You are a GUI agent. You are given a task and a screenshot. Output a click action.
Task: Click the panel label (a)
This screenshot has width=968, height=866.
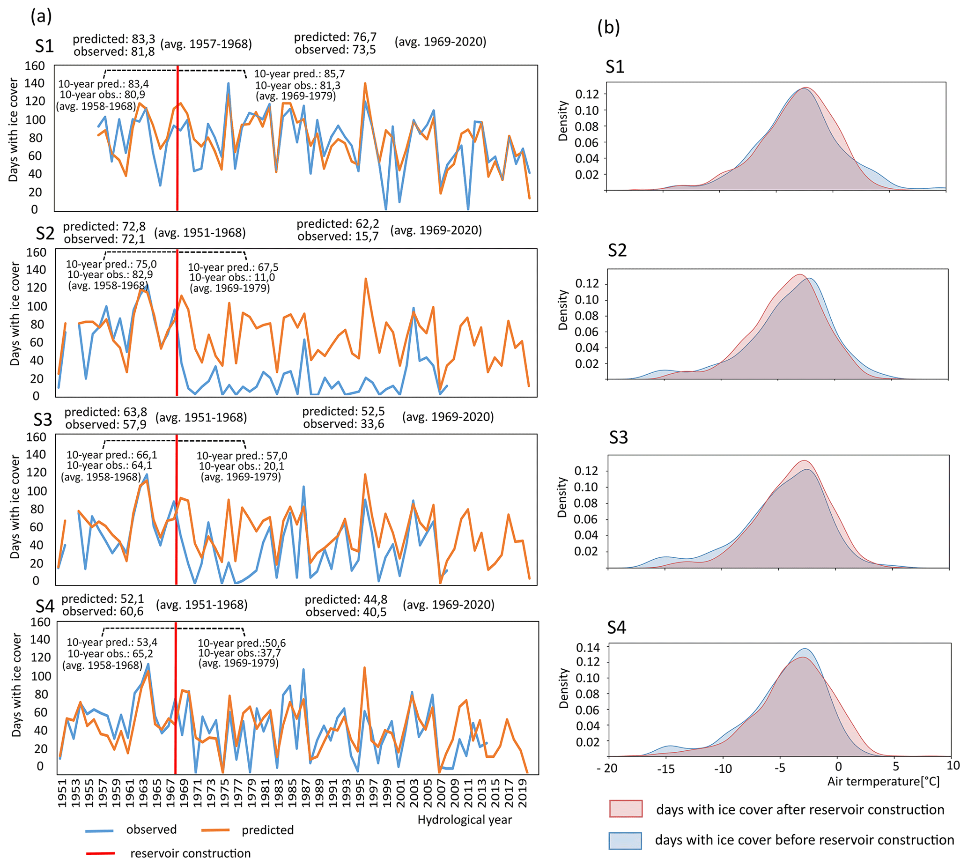(x=41, y=16)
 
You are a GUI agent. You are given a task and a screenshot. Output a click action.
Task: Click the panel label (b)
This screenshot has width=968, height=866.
(x=608, y=28)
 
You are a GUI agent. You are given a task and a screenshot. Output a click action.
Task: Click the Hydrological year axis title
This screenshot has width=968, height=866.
(x=464, y=819)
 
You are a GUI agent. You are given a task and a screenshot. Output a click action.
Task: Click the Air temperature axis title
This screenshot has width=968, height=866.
(x=883, y=781)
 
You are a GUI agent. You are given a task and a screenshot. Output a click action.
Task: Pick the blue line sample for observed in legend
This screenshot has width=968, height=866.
(x=99, y=831)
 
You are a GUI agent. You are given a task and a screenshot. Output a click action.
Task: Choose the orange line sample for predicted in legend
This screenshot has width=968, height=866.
(x=215, y=830)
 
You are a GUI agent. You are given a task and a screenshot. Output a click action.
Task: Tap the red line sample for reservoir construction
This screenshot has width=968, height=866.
(x=100, y=853)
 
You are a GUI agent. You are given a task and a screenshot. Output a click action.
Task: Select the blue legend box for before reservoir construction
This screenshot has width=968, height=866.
(x=625, y=840)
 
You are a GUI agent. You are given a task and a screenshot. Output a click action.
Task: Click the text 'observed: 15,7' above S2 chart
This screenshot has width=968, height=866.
(x=338, y=236)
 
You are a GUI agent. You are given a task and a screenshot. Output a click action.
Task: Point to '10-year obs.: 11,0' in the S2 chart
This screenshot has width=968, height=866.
(x=232, y=277)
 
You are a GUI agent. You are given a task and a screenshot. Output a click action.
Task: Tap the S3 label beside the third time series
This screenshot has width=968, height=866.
(x=43, y=420)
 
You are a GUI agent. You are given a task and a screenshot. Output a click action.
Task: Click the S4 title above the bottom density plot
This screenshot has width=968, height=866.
(x=616, y=628)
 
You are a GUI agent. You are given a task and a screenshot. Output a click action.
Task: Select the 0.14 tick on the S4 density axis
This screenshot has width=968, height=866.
(x=588, y=647)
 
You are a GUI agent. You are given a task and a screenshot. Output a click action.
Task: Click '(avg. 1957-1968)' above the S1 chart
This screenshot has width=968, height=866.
(x=206, y=44)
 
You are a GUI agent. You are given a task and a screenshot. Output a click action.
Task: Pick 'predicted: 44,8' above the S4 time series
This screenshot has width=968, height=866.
(x=346, y=600)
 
